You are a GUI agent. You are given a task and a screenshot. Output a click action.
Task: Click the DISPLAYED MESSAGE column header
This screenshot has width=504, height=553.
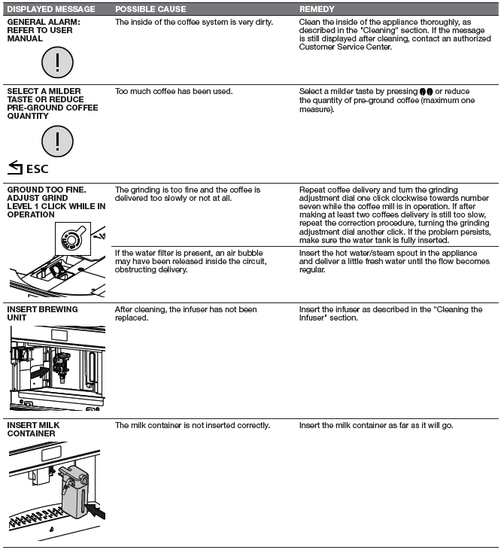pyautogui.click(x=51, y=9)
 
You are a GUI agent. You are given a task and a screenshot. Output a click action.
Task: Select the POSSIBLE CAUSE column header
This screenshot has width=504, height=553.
pyautogui.click(x=149, y=9)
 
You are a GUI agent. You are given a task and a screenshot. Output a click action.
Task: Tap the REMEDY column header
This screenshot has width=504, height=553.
pyautogui.click(x=317, y=9)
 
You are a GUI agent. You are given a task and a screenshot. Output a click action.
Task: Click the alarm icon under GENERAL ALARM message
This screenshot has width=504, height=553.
pyautogui.click(x=56, y=64)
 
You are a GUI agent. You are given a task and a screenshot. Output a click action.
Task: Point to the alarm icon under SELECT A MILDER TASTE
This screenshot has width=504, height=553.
pyautogui.click(x=56, y=140)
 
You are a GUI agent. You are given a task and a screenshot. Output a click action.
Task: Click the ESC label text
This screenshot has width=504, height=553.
pyautogui.click(x=37, y=169)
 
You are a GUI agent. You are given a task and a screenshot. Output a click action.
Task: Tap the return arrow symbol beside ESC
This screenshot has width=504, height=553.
pyautogui.click(x=14, y=168)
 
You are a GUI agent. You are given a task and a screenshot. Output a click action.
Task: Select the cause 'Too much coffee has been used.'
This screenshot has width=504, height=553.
pyautogui.click(x=174, y=92)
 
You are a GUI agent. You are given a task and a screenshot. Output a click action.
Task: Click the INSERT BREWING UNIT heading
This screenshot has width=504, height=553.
pyautogui.click(x=42, y=313)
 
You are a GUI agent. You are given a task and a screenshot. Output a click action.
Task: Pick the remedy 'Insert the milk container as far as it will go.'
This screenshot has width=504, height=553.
pyautogui.click(x=375, y=426)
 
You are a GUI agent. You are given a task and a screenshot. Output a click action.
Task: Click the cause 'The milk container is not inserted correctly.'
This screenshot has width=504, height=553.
pyautogui.click(x=192, y=426)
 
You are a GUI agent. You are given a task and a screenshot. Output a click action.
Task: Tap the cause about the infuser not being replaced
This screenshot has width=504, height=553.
pyautogui.click(x=186, y=313)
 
